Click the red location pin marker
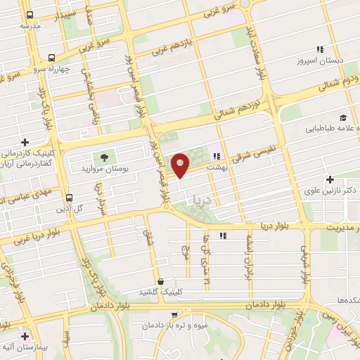[181, 165]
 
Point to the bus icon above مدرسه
[29, 15]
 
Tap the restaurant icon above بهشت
[217, 157]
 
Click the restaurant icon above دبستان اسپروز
[320, 49]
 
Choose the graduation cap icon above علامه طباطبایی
[342, 117]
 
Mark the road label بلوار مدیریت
[337, 226]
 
